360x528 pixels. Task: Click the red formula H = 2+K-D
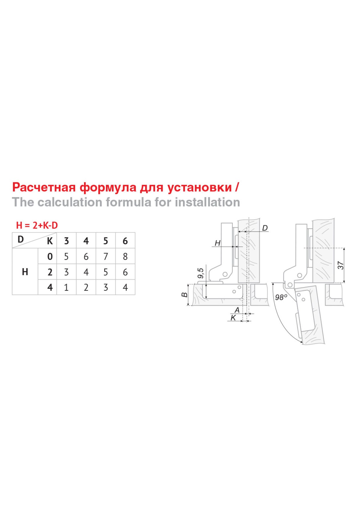coord(37,225)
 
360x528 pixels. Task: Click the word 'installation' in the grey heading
coord(208,202)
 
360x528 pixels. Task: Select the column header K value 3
coord(66,241)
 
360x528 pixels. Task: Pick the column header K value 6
coord(125,241)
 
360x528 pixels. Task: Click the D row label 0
coord(50,256)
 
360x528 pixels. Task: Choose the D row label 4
coord(50,287)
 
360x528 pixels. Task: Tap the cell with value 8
coord(125,256)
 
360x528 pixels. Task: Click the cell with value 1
coord(66,287)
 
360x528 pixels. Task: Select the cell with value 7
coord(106,256)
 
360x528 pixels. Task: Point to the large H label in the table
coord(25,272)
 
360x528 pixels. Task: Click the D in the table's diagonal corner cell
coord(21,239)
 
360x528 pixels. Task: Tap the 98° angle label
coord(281,297)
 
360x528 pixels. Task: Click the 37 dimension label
coord(340,265)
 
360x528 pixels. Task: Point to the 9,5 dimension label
coord(201,273)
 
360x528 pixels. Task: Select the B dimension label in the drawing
coord(184,295)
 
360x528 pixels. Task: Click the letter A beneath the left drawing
coord(237,310)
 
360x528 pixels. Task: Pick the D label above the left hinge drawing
coord(265,228)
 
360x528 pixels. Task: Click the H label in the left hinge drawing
coord(217,243)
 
